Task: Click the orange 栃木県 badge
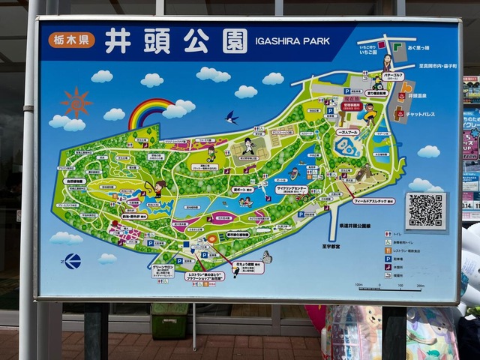coord(73,40)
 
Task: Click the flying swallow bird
coord(232,117)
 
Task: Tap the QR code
coord(425,211)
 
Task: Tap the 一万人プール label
coord(349,131)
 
